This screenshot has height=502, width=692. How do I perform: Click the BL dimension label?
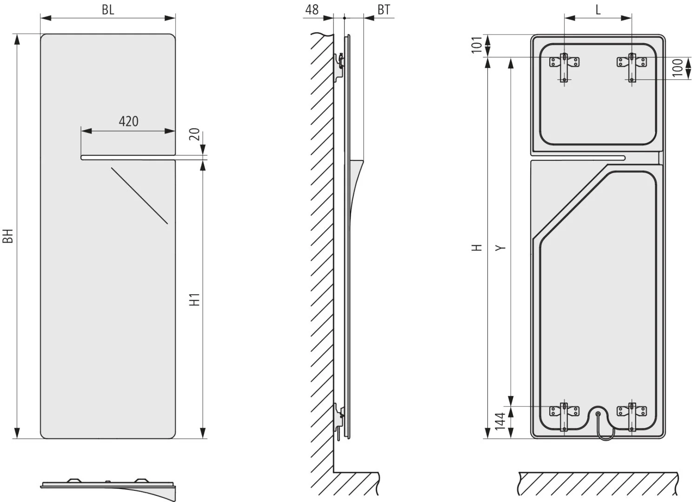pos(108,10)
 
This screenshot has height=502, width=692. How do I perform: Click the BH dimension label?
pos(8,236)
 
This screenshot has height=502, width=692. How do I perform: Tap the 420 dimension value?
pos(129,121)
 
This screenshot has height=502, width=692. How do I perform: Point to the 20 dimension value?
pos(194,134)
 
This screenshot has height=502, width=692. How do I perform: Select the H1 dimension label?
pos(194,299)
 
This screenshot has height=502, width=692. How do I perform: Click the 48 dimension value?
pos(312,10)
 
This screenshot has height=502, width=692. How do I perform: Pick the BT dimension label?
pos(384,10)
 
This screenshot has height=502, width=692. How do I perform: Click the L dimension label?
pos(598,10)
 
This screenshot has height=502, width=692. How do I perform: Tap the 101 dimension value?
pos(477,45)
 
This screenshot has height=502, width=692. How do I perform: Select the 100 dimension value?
pos(678,67)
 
